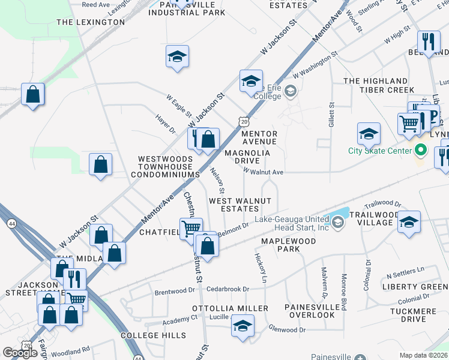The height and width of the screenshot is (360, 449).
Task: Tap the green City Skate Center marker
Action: click(421, 150)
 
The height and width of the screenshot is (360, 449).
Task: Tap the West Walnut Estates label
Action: click(240, 205)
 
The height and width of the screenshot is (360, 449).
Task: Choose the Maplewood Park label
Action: click(280, 245)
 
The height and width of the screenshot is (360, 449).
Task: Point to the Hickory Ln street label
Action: click(261, 268)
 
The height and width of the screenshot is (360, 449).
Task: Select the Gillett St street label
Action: click(331, 113)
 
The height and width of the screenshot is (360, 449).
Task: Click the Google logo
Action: click(20, 353)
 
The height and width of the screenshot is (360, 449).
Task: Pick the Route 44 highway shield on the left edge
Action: click(11, 223)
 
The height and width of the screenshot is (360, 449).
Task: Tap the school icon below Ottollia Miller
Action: click(243, 326)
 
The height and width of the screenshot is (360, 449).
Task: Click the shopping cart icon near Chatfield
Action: click(190, 228)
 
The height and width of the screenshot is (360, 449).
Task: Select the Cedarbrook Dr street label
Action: click(228, 289)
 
